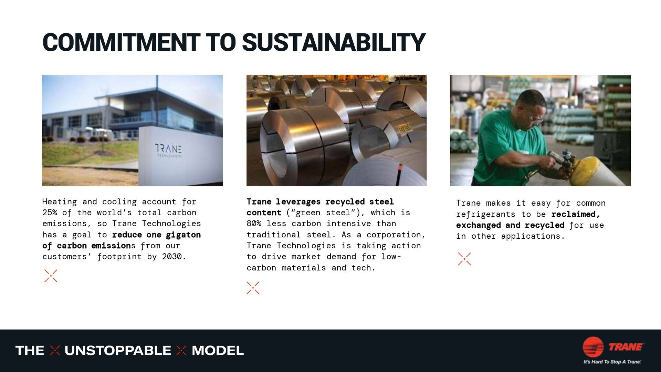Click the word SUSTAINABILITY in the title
click(x=334, y=43)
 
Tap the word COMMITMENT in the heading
click(x=121, y=43)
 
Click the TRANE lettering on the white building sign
click(x=168, y=149)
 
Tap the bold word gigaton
click(x=183, y=235)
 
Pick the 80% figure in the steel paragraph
click(x=254, y=224)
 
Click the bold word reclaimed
click(x=575, y=214)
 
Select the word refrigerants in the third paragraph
click(x=485, y=214)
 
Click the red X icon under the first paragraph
click(x=51, y=276)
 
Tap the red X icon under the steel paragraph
click(x=253, y=288)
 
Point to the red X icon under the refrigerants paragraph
click(x=464, y=259)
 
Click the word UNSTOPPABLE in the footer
click(x=118, y=351)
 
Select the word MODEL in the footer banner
click(x=218, y=351)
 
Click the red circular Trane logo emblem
click(x=593, y=347)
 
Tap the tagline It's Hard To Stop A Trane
click(x=612, y=362)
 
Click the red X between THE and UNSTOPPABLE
click(x=55, y=351)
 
